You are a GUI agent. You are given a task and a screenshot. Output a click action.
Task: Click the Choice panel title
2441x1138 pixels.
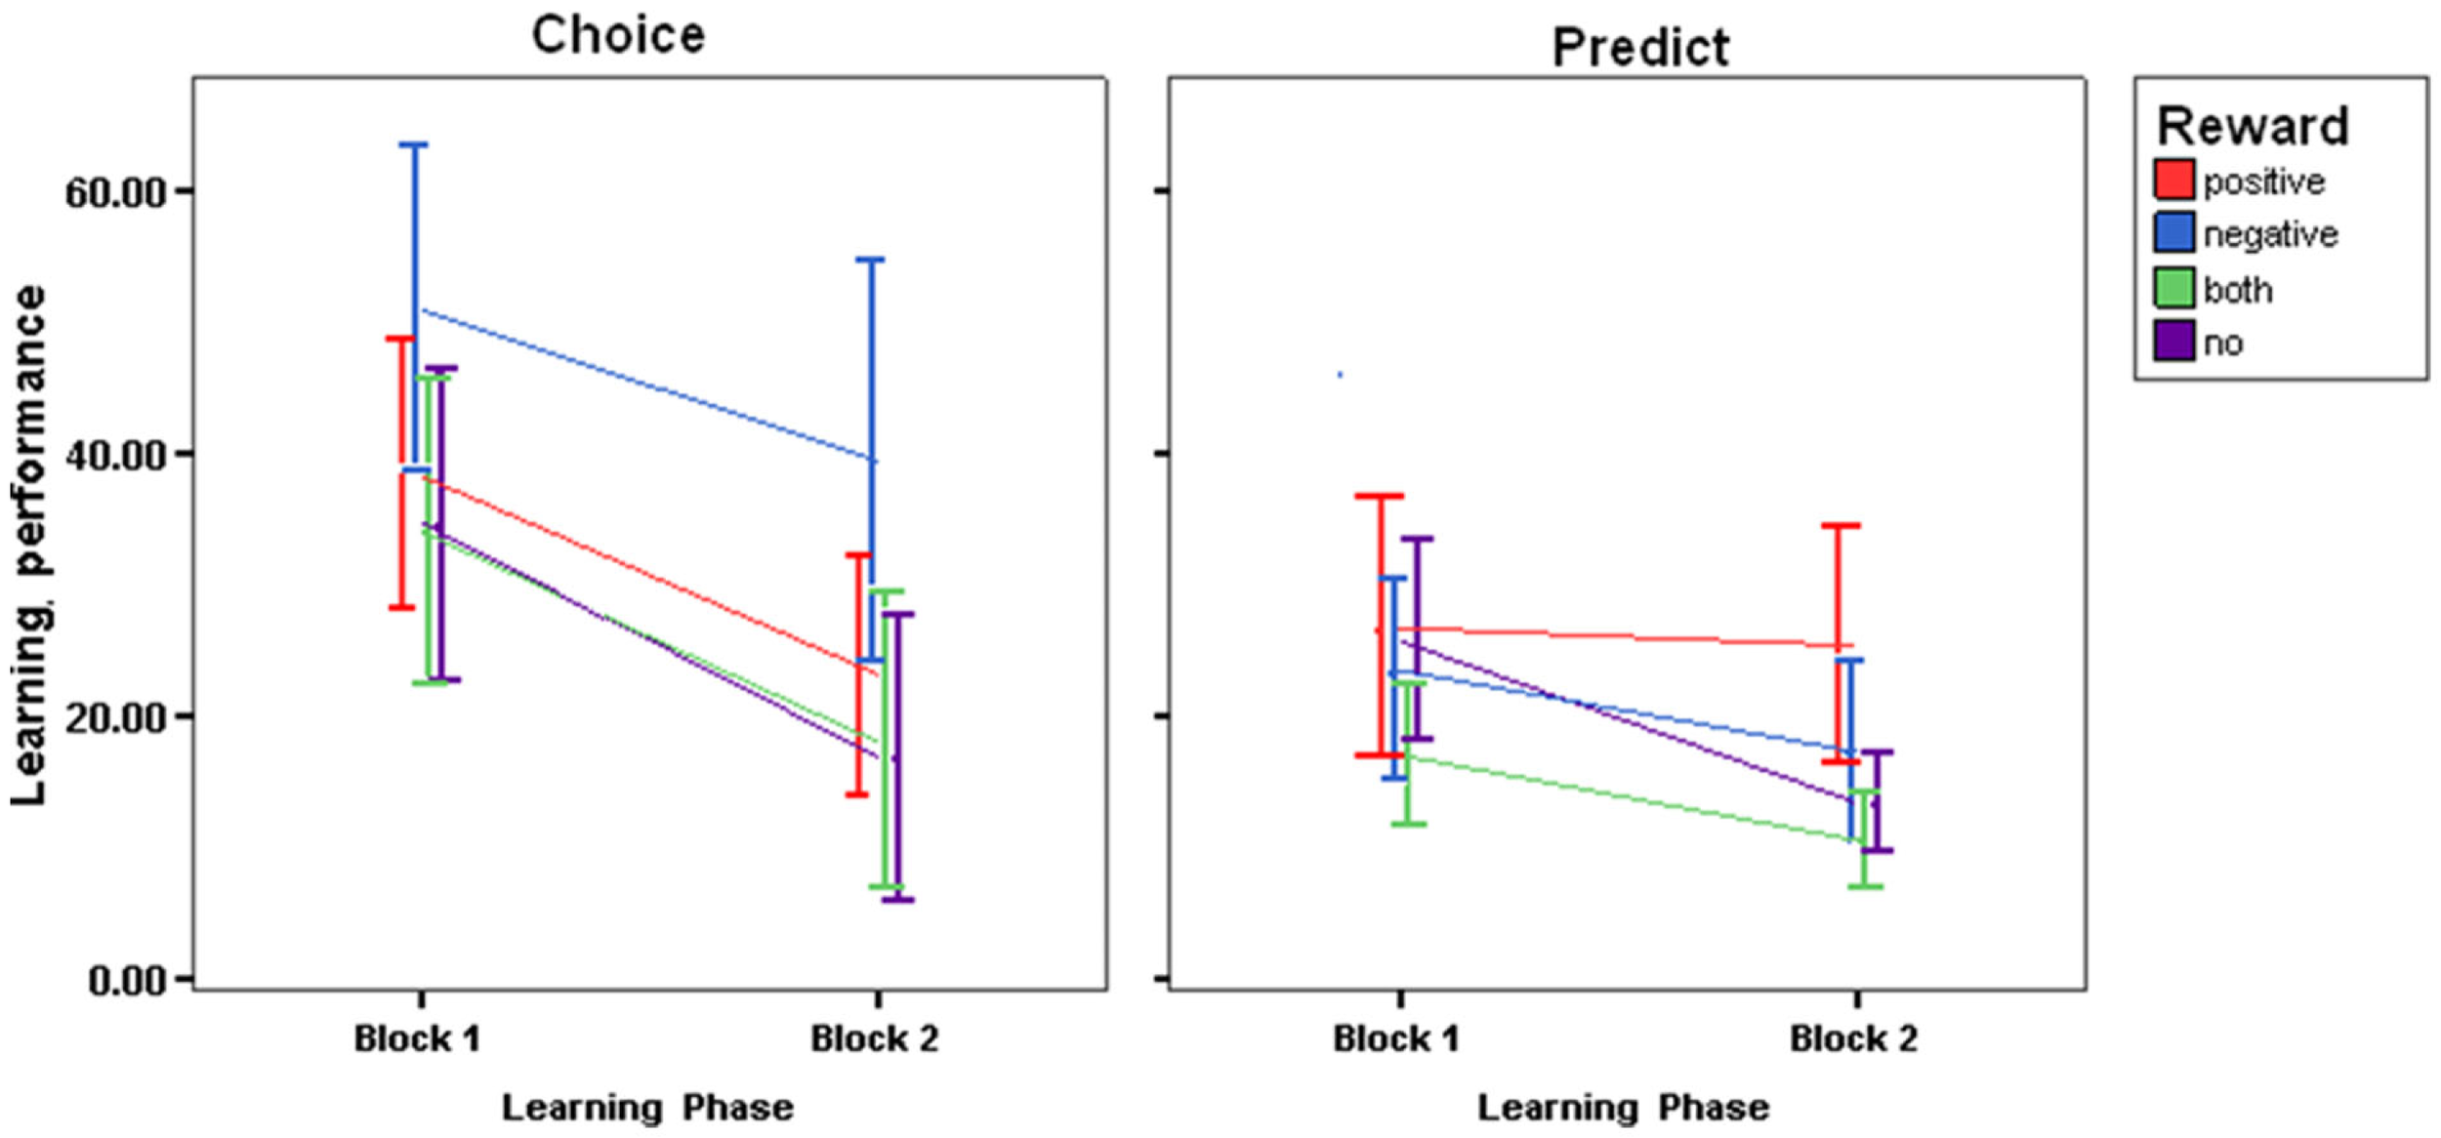pyautogui.click(x=618, y=36)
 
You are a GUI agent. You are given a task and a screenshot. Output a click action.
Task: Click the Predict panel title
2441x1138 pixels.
pyautogui.click(x=1641, y=47)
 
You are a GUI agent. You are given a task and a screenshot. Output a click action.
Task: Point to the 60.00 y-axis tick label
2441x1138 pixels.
pyautogui.click(x=114, y=192)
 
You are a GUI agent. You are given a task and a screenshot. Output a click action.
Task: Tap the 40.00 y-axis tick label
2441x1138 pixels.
pyautogui.click(x=114, y=455)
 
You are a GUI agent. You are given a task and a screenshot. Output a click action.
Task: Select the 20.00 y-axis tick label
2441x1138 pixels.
pyautogui.click(x=114, y=717)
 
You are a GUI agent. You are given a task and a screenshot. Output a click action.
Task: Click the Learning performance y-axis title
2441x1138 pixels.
pyautogui.click(x=29, y=547)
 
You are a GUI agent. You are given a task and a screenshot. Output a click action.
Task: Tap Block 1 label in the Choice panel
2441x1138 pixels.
pyautogui.click(x=418, y=1039)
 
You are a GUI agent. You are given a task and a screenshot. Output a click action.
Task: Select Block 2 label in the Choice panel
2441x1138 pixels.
pyautogui.click(x=875, y=1039)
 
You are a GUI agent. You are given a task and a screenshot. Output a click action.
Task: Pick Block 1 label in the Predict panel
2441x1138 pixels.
pyautogui.click(x=1397, y=1039)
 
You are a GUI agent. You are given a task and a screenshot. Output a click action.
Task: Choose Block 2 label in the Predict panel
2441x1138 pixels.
pyautogui.click(x=1854, y=1039)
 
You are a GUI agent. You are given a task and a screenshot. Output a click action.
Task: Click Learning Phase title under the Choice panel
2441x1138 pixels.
pyautogui.click(x=647, y=1108)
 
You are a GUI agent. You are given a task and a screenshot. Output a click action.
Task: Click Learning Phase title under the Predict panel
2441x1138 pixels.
pyautogui.click(x=1624, y=1108)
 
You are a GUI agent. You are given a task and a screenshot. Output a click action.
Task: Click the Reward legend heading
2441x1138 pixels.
pyautogui.click(x=2253, y=126)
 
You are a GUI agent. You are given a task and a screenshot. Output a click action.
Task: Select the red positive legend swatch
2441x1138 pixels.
pyautogui.click(x=2174, y=180)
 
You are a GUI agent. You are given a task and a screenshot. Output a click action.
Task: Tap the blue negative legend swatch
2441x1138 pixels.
pyautogui.click(x=2174, y=232)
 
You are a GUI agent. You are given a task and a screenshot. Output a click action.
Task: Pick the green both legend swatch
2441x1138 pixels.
pyautogui.click(x=2174, y=288)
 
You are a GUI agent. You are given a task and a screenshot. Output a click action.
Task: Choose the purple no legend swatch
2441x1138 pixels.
pyautogui.click(x=2174, y=341)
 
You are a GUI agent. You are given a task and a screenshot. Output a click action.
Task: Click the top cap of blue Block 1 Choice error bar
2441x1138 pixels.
pyautogui.click(x=413, y=144)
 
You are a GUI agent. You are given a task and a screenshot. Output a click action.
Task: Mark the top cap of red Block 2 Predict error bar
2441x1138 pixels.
pyautogui.click(x=1840, y=526)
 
